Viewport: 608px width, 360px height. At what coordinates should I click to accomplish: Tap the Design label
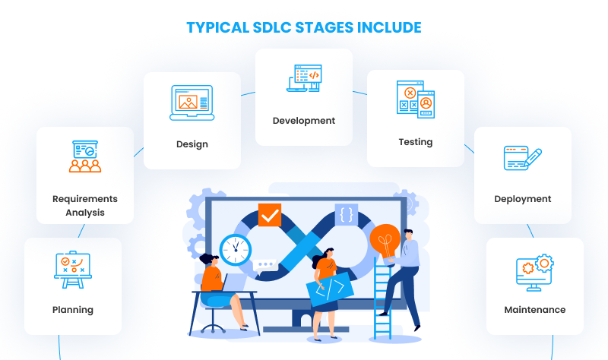click(192, 144)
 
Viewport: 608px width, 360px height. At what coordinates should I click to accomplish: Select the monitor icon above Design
click(192, 103)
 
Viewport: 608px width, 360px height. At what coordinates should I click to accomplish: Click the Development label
click(303, 121)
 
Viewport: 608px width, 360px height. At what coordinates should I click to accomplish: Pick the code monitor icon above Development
click(304, 79)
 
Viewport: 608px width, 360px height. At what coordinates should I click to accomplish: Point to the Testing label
click(415, 142)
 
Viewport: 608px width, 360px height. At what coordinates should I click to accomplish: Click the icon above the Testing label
click(415, 99)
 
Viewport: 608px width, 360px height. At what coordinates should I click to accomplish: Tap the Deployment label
click(522, 199)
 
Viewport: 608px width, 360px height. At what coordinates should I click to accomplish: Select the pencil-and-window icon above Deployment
click(523, 158)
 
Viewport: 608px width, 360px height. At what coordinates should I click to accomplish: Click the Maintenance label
click(534, 310)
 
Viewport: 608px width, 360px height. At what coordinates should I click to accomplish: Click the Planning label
click(73, 310)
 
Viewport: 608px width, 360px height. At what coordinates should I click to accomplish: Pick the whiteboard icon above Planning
click(73, 270)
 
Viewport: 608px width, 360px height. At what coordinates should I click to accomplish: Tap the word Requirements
click(85, 199)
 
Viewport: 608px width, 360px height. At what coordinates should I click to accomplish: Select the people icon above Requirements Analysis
click(85, 156)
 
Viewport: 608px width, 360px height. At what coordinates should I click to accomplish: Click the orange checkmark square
click(269, 216)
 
